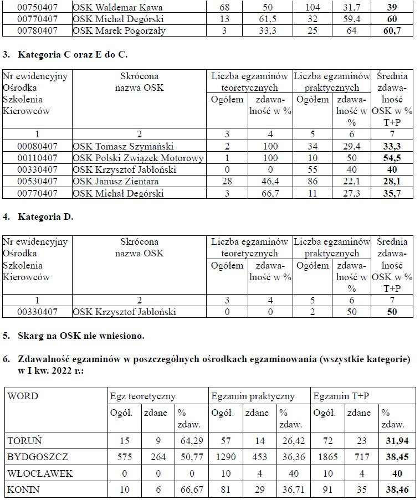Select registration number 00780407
coord(38,31)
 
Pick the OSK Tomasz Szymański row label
coord(123,146)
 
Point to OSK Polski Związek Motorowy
coord(138,158)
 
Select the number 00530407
coord(38,181)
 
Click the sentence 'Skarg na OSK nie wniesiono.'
coord(81,336)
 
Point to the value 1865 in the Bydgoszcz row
coord(325,457)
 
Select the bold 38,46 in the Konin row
coord(396,490)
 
